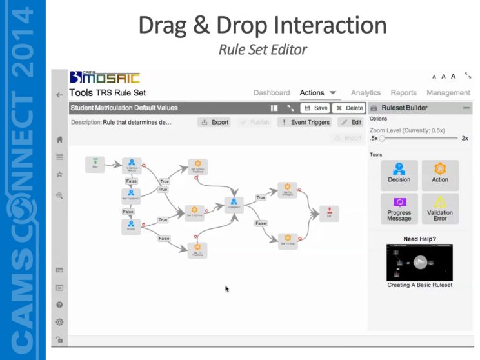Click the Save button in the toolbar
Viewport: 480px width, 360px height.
point(315,108)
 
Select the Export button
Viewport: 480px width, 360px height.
point(215,122)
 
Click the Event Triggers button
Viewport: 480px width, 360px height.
point(305,122)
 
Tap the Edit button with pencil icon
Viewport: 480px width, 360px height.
point(352,122)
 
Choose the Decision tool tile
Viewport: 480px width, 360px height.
point(399,174)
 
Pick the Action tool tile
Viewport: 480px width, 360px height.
point(440,174)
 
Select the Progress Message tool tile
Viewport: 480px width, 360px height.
point(399,209)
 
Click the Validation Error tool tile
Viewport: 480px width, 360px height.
point(440,209)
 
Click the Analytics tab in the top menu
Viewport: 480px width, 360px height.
point(366,93)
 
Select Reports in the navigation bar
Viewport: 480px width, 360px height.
point(403,93)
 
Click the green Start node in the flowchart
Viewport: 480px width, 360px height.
point(95,165)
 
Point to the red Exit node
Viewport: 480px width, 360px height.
point(329,214)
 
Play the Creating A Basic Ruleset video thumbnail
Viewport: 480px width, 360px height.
point(419,262)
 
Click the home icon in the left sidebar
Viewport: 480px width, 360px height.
point(59,139)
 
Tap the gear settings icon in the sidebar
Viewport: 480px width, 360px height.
point(59,321)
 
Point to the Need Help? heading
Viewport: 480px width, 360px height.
point(419,239)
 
